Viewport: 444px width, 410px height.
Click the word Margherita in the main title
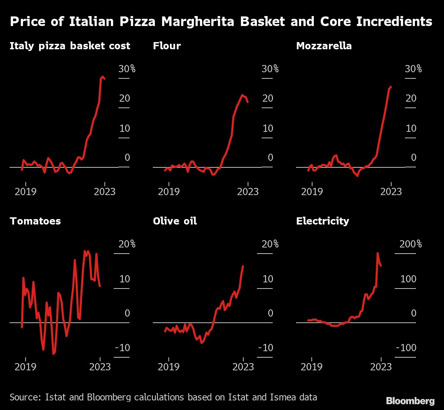click(199, 22)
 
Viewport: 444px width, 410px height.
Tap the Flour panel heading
click(167, 46)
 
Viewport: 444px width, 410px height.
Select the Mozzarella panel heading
click(324, 46)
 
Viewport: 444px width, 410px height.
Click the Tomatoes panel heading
click(35, 221)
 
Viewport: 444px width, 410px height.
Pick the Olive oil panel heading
click(175, 221)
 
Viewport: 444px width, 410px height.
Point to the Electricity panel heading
click(322, 221)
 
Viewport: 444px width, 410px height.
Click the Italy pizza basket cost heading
click(70, 46)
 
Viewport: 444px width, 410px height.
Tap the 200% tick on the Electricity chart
click(410, 244)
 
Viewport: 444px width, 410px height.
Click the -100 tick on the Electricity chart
click(406, 348)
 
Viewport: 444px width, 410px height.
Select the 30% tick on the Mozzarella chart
click(413, 69)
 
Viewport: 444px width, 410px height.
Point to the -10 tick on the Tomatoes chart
click(123, 348)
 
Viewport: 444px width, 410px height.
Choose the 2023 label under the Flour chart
click(248, 191)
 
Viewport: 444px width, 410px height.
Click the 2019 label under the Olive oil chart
click(169, 367)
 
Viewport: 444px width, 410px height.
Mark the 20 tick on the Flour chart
click(268, 99)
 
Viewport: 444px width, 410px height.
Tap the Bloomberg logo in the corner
click(410, 401)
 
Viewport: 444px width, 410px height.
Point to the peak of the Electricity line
click(378, 253)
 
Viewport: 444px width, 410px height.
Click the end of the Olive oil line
click(243, 266)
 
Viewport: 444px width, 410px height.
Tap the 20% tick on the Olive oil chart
click(270, 244)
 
